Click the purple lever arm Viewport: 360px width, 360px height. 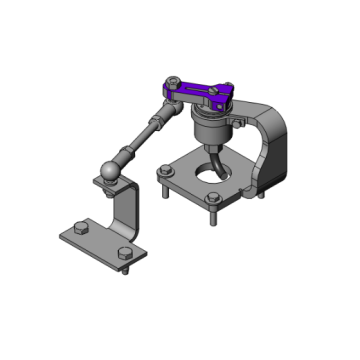(x=200, y=93)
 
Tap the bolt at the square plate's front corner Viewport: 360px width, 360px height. (x=213, y=201)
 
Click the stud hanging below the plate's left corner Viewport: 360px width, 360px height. (x=161, y=190)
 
